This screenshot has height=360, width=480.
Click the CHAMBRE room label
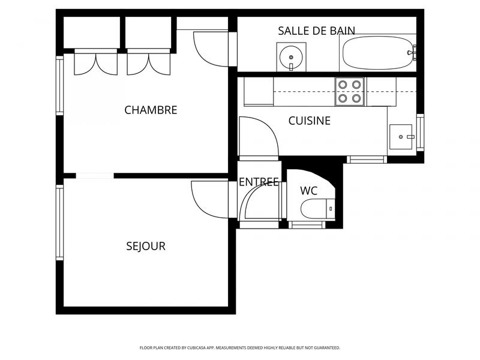[x=151, y=110]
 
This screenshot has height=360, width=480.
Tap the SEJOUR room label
[x=146, y=246]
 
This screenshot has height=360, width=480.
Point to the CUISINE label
[x=310, y=121]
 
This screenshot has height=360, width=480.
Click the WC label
[x=308, y=191]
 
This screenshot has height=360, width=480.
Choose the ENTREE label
[x=259, y=182]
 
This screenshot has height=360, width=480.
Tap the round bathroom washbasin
[x=290, y=57]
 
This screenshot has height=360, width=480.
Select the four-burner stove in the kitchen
[x=350, y=92]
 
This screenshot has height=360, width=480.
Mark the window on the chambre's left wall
[x=60, y=85]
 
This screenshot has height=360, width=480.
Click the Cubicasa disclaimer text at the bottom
[x=239, y=347]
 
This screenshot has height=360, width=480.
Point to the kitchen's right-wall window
[x=420, y=133]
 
